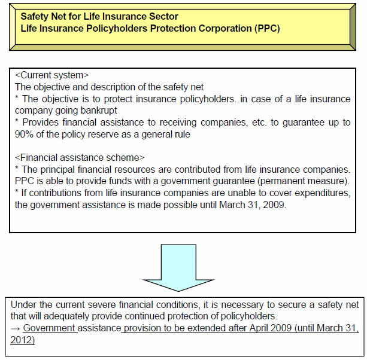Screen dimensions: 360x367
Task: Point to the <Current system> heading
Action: point(51,75)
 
